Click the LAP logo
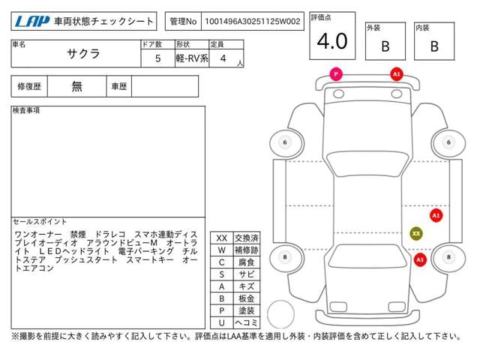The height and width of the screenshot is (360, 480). (31, 22)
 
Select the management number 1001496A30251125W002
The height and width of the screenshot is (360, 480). (253, 22)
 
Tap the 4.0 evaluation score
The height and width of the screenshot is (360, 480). (332, 41)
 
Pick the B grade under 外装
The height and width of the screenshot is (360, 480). (385, 46)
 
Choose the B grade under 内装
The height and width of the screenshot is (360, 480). (434, 46)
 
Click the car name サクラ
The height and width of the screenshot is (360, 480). (83, 54)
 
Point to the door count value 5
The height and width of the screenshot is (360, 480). (158, 58)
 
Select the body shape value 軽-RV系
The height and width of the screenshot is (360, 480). (192, 58)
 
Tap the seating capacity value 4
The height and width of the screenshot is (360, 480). (223, 58)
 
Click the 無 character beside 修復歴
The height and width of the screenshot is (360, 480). (76, 86)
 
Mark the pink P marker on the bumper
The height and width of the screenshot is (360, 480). (336, 74)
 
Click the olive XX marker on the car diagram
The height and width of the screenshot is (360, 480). (416, 233)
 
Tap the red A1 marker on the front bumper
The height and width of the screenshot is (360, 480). (397, 74)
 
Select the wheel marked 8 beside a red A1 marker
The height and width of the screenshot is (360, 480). (448, 257)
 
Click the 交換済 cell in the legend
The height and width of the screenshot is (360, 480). (247, 238)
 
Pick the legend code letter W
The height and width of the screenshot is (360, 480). (222, 250)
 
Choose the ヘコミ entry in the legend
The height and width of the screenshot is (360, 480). (247, 322)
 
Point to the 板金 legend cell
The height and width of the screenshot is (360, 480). (247, 298)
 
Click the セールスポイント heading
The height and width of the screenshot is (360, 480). (40, 222)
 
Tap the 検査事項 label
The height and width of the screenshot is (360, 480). (26, 110)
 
